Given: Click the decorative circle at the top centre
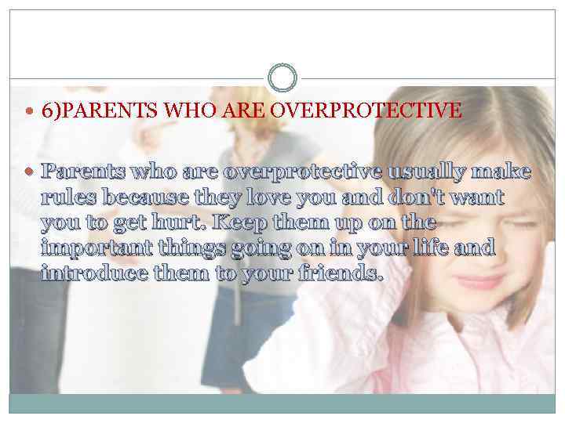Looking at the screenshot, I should pos(282,78).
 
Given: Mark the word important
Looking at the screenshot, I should pos(96,248).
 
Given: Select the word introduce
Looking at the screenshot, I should pos(93,274).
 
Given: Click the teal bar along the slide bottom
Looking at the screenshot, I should pos(282,403).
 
